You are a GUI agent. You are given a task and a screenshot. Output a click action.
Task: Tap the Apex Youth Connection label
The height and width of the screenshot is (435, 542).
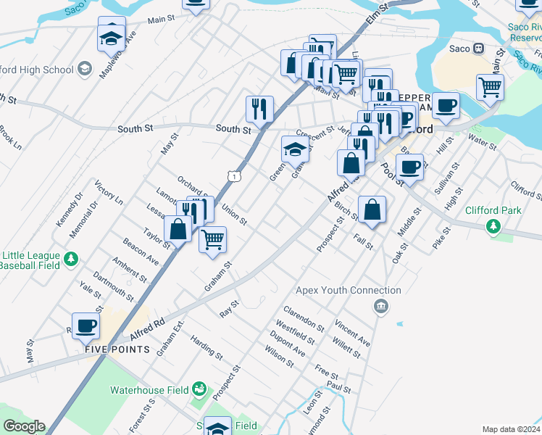349,291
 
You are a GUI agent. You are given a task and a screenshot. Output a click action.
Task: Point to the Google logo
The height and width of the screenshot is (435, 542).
24,426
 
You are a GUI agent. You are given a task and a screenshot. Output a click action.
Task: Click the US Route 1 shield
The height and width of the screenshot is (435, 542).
233,175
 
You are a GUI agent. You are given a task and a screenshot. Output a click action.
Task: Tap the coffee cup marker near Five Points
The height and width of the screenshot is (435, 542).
86,326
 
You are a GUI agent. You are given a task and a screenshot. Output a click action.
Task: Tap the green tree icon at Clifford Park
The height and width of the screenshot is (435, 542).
493,227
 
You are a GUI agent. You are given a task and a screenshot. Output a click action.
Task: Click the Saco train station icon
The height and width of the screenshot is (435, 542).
478,49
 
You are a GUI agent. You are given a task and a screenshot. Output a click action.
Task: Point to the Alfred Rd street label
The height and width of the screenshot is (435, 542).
148,329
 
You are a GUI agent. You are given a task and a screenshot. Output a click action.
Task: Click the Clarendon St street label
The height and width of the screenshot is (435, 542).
304,317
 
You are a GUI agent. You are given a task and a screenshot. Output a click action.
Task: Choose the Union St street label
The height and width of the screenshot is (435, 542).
235,214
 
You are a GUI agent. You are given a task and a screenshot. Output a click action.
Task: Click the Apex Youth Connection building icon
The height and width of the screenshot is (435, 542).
380,307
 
